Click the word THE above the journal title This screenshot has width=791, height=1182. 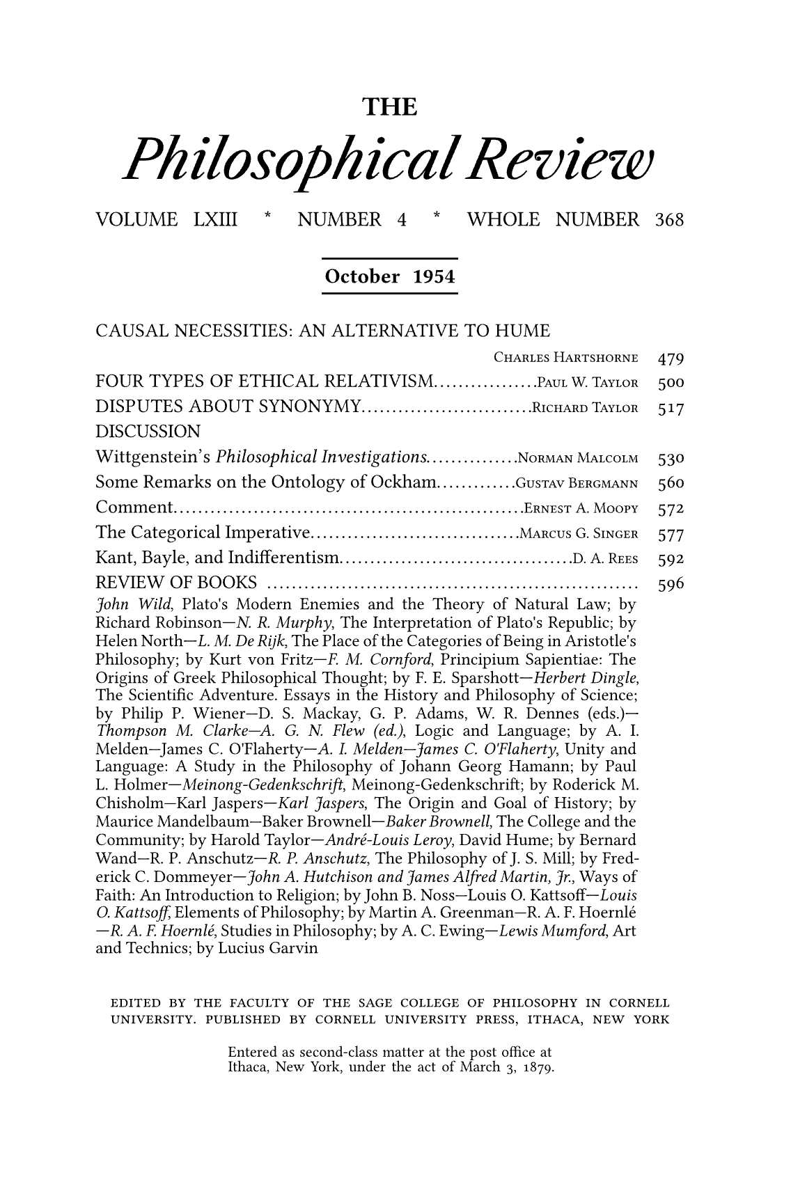click(391, 108)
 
